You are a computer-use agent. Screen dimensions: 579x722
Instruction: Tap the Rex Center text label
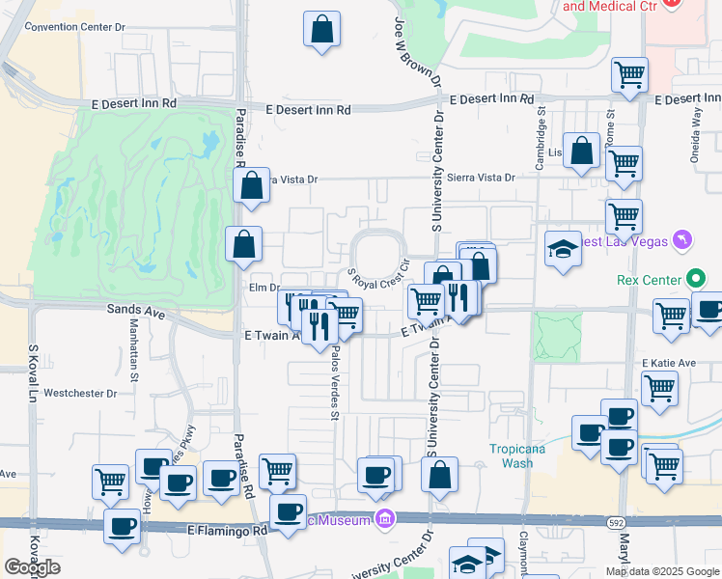(648, 281)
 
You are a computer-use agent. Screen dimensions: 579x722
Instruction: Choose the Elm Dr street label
(263, 287)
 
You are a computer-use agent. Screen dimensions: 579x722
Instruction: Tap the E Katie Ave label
(669, 363)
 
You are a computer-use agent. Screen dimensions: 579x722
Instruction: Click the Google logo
(32, 567)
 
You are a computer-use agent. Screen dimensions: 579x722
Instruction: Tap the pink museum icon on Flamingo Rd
(386, 520)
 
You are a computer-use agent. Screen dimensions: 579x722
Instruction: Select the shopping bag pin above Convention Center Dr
(322, 29)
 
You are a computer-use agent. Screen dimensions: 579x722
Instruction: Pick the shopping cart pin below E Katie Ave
(659, 389)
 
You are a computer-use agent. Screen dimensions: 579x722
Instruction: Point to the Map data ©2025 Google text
(661, 571)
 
